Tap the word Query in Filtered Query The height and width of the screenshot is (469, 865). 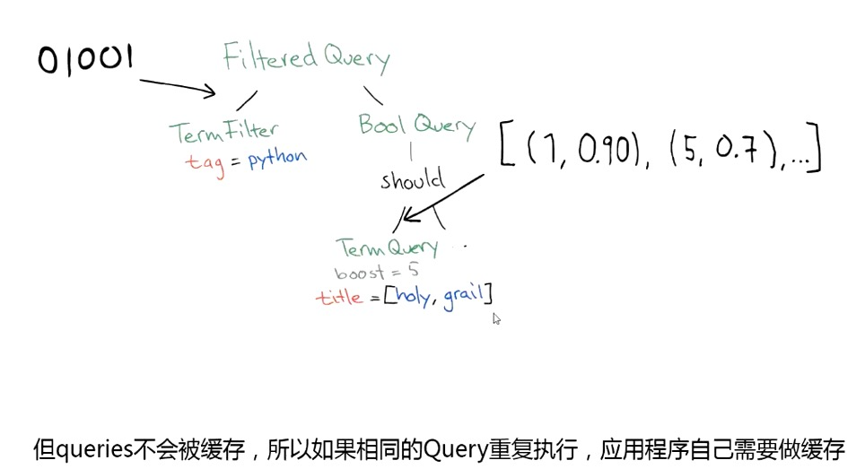[x=355, y=61]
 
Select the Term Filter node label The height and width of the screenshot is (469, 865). [x=224, y=132]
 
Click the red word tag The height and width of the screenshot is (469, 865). [x=205, y=162]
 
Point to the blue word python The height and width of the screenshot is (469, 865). [x=277, y=159]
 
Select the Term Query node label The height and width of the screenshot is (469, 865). [x=387, y=248]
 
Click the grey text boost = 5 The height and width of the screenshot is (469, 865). [x=376, y=271]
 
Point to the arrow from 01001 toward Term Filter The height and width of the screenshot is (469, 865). [x=178, y=86]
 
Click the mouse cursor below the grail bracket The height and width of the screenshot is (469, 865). [x=496, y=317]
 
